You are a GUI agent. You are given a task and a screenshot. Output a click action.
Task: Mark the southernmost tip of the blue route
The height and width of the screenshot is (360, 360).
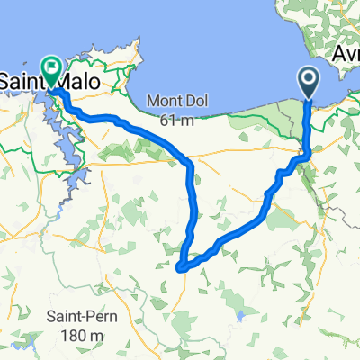(181, 267)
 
